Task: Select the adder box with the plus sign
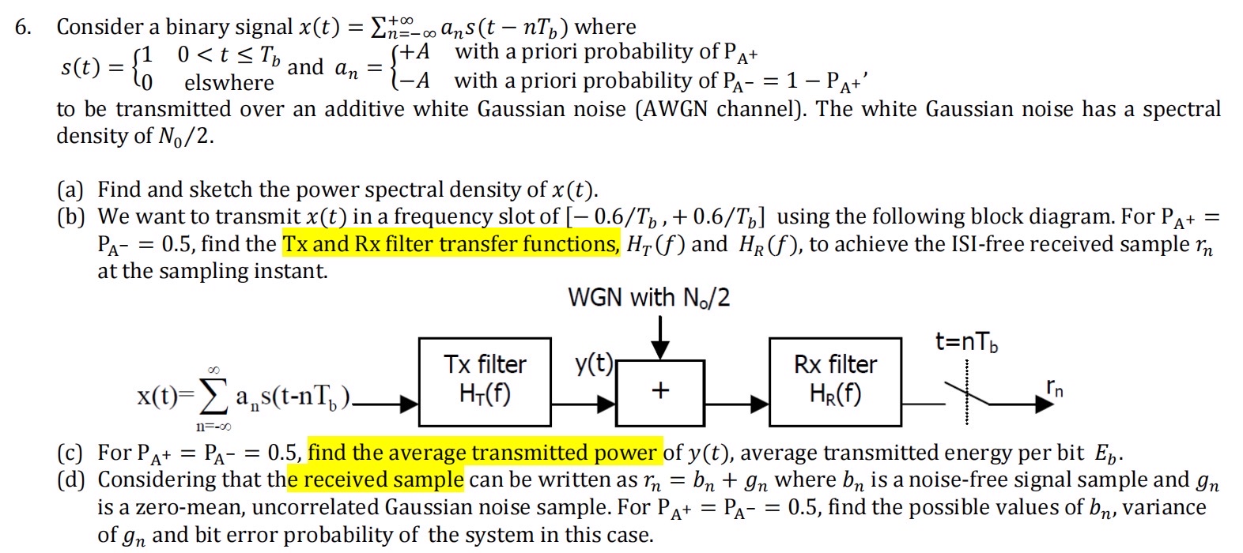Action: pos(660,390)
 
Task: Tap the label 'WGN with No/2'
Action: pos(648,298)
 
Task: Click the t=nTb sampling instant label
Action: pos(965,342)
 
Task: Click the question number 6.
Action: pos(23,27)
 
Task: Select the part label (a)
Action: pos(70,190)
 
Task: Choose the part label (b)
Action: pos(70,216)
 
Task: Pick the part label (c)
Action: pos(70,453)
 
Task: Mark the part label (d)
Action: pos(70,480)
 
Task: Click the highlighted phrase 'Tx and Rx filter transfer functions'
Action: pos(451,244)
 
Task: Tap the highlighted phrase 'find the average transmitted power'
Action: pos(482,453)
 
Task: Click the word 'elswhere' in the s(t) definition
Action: pos(229,83)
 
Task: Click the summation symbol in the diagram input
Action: pos(213,397)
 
